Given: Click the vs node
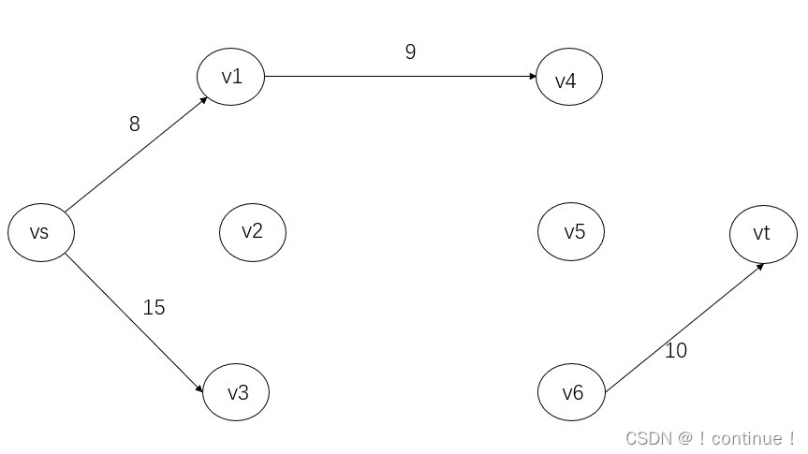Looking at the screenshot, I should (x=41, y=232).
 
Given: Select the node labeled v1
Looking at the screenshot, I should (x=231, y=77).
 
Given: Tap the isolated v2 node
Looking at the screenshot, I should (x=252, y=231).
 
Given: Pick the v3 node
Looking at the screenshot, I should (x=236, y=392).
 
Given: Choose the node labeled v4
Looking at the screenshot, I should (x=568, y=79).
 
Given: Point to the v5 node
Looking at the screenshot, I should (x=571, y=231).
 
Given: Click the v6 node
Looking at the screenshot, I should (x=571, y=392).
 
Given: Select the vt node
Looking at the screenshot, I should (x=763, y=233).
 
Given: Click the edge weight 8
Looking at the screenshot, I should (x=135, y=124).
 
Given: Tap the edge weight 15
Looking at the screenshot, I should (x=154, y=307).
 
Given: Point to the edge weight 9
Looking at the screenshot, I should (x=410, y=52).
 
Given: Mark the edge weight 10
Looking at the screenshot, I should (x=675, y=351).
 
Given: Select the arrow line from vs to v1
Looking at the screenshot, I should (x=136, y=154).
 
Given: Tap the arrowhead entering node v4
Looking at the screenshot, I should (x=531, y=77).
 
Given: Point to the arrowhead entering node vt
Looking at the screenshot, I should (x=760, y=266).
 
